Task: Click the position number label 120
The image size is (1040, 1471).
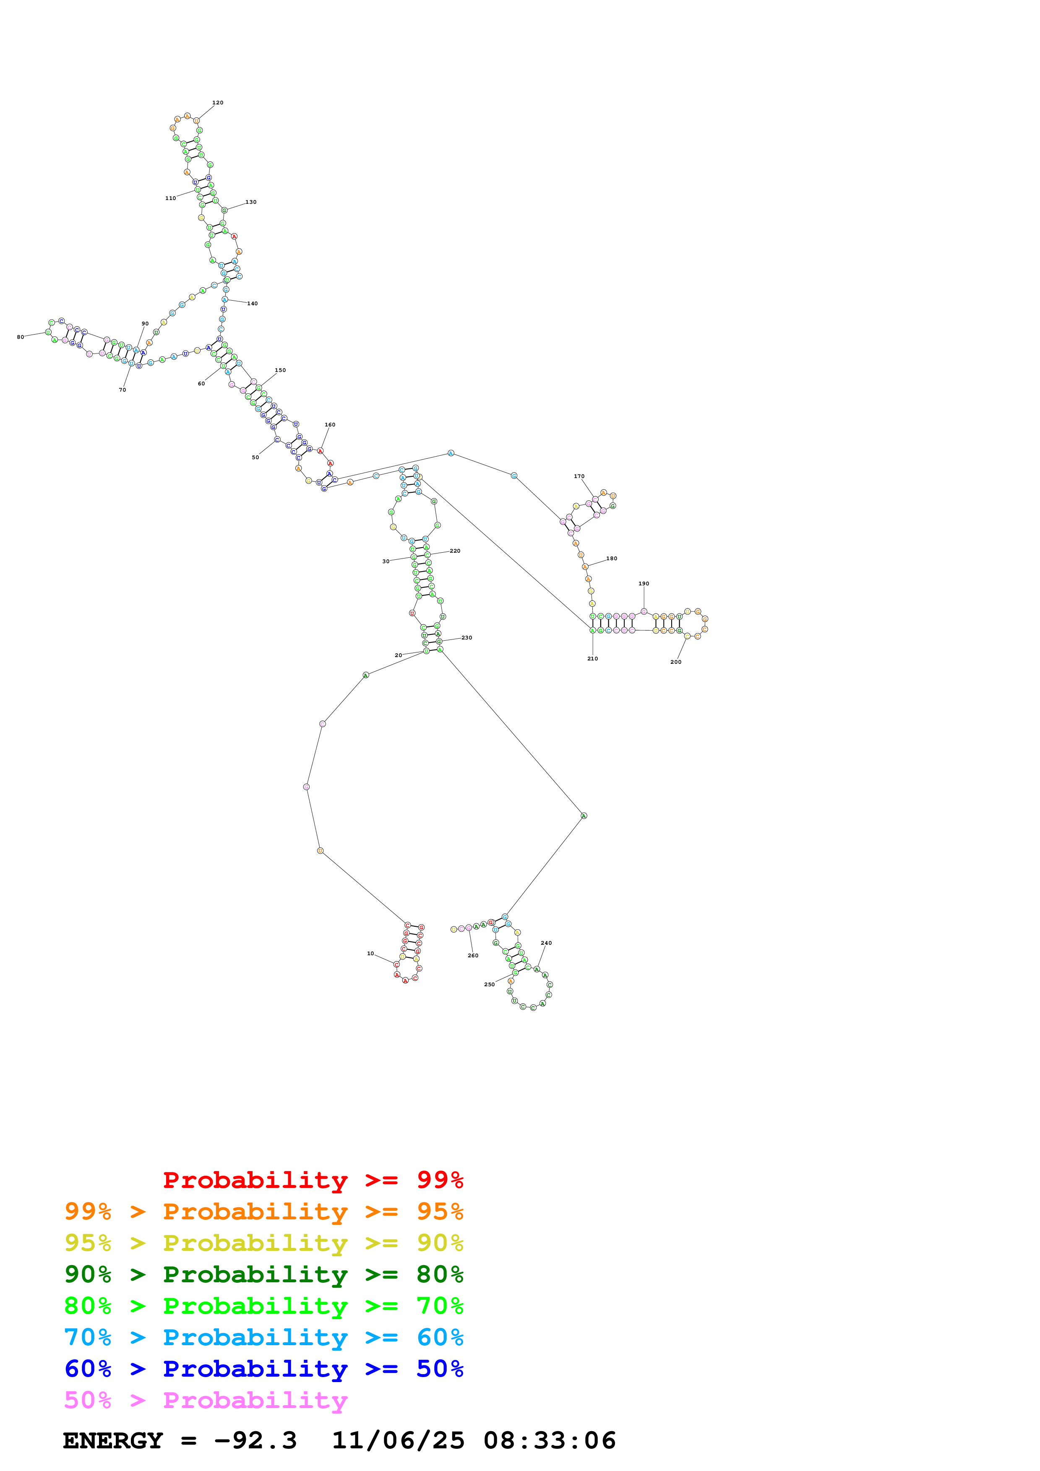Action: (218, 102)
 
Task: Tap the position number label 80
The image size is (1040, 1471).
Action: (21, 337)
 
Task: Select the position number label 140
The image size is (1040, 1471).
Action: (253, 304)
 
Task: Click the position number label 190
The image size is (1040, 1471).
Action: (644, 584)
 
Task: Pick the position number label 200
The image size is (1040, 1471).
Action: (675, 662)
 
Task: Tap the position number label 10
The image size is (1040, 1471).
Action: (370, 953)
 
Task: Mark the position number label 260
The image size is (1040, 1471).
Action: (473, 955)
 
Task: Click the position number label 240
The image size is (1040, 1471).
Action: (546, 943)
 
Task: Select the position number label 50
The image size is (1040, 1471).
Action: (255, 457)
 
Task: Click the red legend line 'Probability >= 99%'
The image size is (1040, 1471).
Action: (313, 1180)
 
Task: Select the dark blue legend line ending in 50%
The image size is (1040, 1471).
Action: (263, 1369)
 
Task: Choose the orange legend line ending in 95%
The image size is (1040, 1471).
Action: (263, 1211)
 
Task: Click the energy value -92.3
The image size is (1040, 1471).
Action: (255, 1440)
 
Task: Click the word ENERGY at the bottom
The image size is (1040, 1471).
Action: (113, 1440)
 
